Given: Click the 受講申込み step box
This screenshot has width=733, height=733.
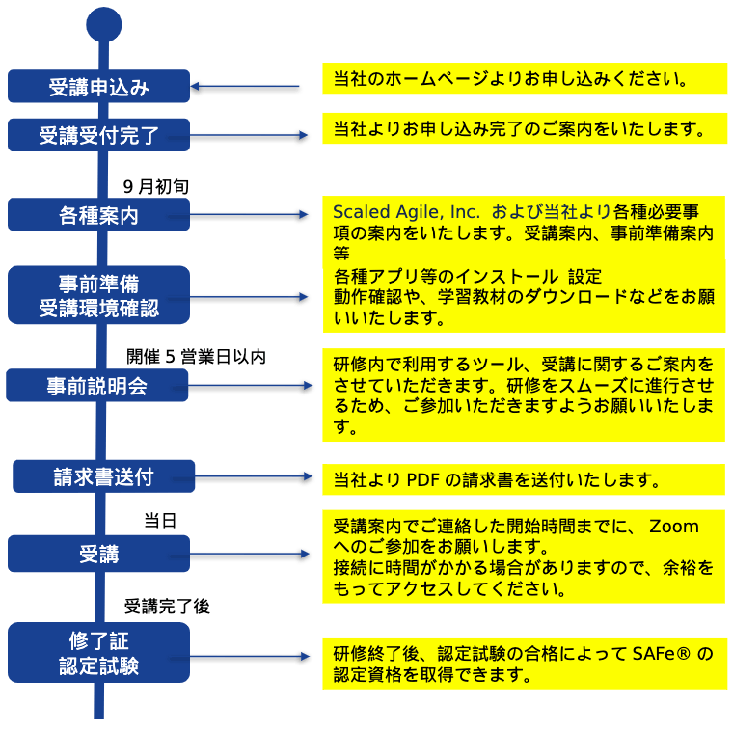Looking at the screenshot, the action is point(98,87).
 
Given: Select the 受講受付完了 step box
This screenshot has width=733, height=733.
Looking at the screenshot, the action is point(98,135).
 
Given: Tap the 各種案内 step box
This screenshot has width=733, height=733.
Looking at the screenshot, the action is point(98,214).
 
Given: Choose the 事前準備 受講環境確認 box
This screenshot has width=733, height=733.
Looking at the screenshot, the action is point(98,295).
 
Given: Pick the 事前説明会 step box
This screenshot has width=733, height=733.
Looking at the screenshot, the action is point(96,385).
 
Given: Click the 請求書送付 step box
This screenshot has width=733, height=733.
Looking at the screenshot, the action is point(103,476).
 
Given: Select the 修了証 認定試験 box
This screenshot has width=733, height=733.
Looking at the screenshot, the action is point(98,653).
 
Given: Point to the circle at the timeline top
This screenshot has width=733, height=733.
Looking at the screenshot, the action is point(104,25).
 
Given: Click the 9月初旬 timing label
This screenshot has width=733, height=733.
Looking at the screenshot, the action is point(155,186).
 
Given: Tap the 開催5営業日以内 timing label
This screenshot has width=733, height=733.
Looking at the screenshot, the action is point(196,357).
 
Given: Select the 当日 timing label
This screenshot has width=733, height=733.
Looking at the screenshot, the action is point(160,520).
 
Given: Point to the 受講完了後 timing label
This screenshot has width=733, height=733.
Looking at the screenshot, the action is point(167,607).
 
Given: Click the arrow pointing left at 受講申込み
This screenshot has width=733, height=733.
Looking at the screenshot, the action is point(245,87).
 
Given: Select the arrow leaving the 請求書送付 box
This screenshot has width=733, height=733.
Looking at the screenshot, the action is point(242,476).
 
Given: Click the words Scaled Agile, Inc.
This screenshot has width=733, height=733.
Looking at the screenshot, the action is point(406,212).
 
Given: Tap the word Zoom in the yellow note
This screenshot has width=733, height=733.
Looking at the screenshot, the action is point(673,527).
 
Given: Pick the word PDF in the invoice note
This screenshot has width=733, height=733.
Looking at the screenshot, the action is point(422,479).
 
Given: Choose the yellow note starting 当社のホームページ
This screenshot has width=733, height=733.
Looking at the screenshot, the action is point(525,78).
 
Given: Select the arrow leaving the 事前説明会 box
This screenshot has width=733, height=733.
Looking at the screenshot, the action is point(242,385).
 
